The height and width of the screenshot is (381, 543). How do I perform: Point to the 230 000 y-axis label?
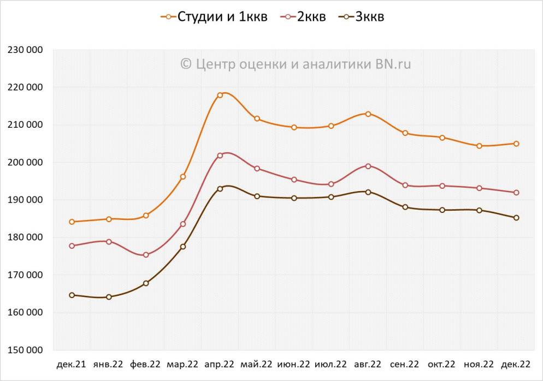point(26,50)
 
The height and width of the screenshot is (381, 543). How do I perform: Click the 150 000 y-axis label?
point(26,350)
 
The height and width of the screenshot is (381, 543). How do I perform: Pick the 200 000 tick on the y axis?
point(26,162)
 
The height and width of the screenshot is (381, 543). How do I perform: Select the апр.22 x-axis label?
point(220,364)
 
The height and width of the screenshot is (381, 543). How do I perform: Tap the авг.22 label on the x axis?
point(368,364)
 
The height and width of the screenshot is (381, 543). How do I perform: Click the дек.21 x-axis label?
point(72,364)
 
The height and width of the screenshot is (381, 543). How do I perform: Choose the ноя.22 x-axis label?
point(479,364)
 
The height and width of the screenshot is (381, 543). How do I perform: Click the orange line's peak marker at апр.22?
point(220,95)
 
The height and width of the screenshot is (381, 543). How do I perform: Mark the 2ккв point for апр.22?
point(220,156)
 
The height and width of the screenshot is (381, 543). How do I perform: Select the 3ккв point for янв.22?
point(109,297)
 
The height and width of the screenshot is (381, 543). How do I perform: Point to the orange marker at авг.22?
point(368,114)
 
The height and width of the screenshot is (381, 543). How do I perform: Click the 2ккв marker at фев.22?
point(146,255)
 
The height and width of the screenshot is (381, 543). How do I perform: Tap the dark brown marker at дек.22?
point(516,218)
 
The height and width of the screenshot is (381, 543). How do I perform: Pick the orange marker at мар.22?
point(183,176)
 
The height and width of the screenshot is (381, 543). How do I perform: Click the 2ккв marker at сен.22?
point(405,185)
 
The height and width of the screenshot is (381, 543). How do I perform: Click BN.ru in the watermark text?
point(393,64)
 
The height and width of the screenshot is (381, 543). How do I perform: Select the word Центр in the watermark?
point(214,64)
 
